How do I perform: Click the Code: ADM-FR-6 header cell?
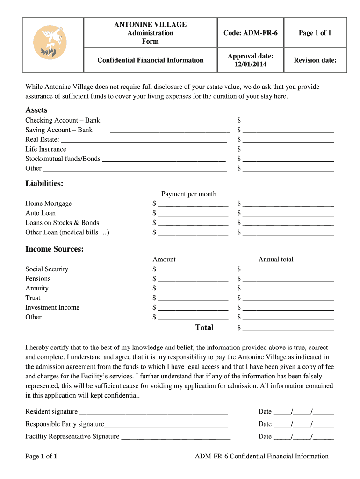[250, 33]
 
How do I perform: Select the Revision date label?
[315, 60]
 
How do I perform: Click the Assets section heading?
[36, 110]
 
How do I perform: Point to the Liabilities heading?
[44, 184]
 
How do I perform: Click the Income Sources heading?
[54, 249]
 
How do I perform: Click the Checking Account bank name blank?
[169, 121]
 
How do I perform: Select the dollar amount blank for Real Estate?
[288, 140]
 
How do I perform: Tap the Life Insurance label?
[46, 149]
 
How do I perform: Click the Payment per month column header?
[188, 194]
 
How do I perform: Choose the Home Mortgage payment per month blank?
[193, 204]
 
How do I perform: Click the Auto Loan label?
[40, 213]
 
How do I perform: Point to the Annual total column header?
[276, 260]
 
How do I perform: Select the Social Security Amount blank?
[193, 269]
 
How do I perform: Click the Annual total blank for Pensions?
[288, 279]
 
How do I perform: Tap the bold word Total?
[204, 327]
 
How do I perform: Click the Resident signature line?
[153, 412]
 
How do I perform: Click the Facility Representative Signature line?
[175, 437]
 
